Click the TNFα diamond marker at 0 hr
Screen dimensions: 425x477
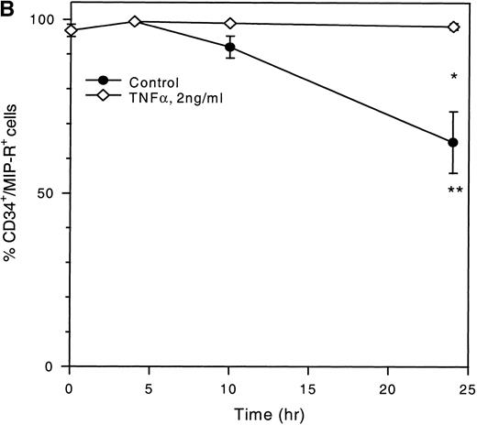pos(71,30)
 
